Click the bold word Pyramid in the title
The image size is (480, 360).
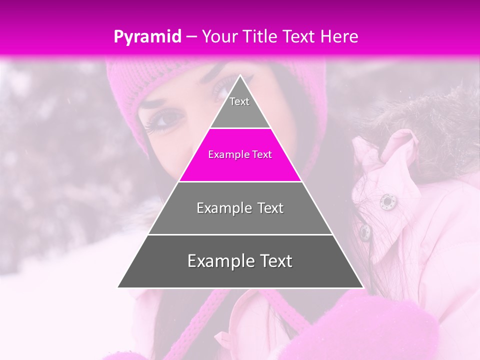click(x=147, y=36)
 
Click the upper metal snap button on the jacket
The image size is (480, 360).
click(x=386, y=201)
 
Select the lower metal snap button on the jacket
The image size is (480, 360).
click(x=365, y=231)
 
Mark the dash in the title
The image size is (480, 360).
click(x=191, y=37)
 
